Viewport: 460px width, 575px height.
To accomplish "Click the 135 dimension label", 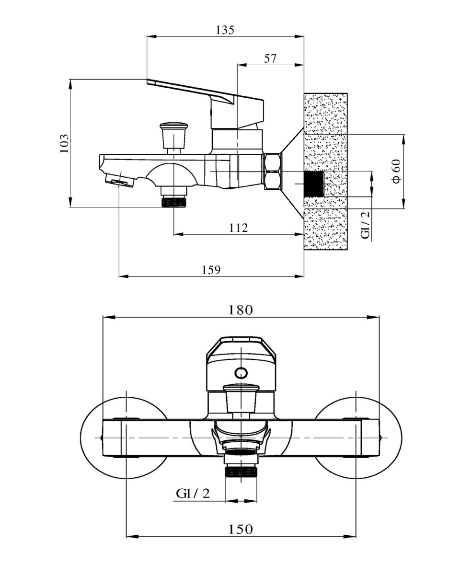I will point(225,30).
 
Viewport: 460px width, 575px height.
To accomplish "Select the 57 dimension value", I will point(270,58).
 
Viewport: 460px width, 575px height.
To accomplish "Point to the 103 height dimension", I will point(64,143).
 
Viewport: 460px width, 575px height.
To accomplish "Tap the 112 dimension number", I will point(238,228).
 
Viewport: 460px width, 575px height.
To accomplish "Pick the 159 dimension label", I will point(211,270).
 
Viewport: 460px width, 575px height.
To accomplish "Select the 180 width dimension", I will point(241,310).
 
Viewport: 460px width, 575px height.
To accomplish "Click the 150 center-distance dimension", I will point(241,529).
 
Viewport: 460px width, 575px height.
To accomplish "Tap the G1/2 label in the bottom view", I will point(193,494).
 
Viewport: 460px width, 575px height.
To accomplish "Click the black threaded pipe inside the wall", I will point(314,184).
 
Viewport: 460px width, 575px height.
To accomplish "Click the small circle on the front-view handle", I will point(241,372).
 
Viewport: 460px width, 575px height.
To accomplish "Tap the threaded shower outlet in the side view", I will point(173,201).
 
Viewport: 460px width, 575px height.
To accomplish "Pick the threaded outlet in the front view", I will point(241,472).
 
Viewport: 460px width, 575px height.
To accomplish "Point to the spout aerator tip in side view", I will point(119,182).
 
